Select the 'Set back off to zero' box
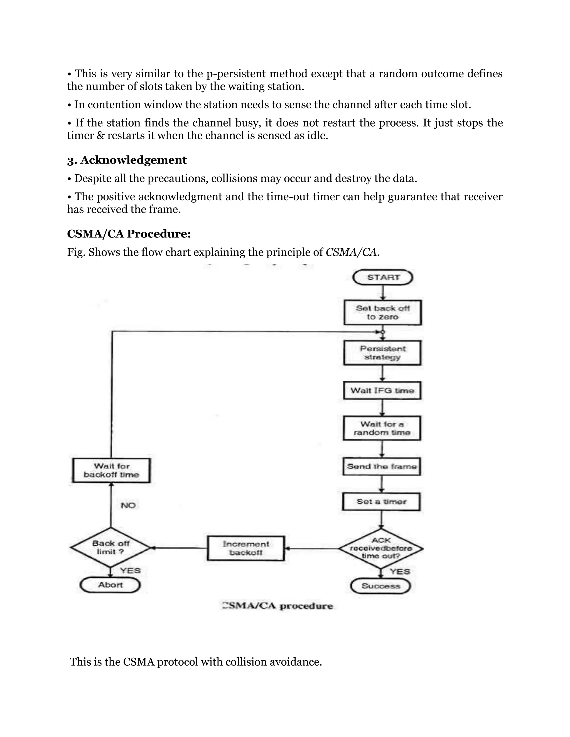click(383, 313)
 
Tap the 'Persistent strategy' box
click(382, 353)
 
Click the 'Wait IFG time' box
click(382, 390)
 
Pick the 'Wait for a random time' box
click(382, 428)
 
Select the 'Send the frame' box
click(382, 466)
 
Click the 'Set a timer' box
click(381, 502)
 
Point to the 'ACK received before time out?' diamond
click(381, 548)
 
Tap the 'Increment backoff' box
click(246, 548)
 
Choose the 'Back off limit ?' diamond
click(110, 548)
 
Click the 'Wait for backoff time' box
click(111, 470)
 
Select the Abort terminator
click(110, 585)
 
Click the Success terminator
click(380, 586)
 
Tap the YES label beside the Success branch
click(400, 571)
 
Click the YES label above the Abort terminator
click(130, 570)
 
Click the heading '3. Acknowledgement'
click(127, 160)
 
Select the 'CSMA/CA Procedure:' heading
click(129, 234)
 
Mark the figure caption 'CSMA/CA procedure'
click(277, 606)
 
